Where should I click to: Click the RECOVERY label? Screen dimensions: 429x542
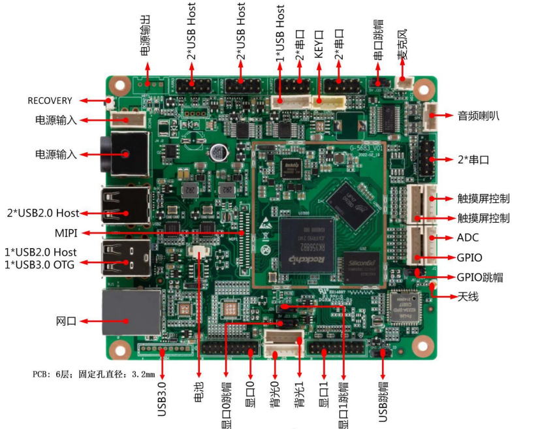50,101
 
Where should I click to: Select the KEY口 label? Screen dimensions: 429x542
319,43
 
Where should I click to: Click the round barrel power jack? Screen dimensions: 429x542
124,155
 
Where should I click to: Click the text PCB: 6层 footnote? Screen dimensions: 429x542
93,375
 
